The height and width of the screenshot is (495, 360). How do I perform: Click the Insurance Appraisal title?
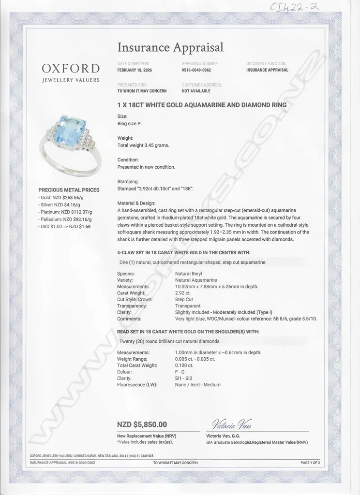170,47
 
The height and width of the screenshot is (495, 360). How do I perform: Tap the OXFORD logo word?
71,68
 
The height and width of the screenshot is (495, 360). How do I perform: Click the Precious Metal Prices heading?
69,190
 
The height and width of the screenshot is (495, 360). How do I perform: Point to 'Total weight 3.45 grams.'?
144,145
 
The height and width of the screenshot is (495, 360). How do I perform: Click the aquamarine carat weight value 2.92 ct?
183,293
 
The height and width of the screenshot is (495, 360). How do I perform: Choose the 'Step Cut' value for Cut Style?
184,299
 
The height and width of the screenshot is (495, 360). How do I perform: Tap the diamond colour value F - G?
180,372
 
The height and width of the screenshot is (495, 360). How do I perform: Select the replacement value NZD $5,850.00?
142,424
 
